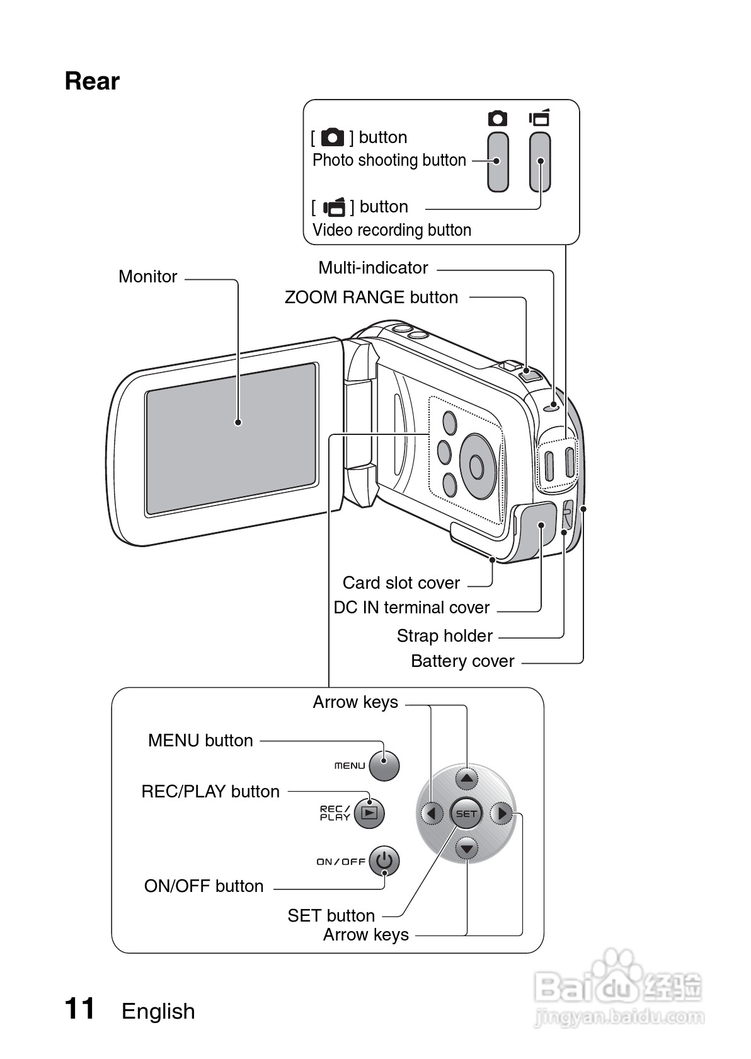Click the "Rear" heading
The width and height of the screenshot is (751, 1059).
click(92, 81)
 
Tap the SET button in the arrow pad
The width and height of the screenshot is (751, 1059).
click(466, 814)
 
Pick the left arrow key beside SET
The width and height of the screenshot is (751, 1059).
click(432, 814)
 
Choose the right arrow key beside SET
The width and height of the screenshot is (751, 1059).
click(502, 814)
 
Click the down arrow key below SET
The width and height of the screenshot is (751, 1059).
click(466, 848)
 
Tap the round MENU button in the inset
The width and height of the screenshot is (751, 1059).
click(384, 765)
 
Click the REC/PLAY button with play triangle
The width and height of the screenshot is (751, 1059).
click(369, 813)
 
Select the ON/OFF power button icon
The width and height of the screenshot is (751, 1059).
click(384, 861)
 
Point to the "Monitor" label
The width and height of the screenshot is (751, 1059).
click(148, 277)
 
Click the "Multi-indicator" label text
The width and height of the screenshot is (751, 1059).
click(373, 268)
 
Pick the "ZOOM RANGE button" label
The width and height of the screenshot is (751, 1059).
click(371, 298)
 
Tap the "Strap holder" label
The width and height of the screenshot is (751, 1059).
click(445, 636)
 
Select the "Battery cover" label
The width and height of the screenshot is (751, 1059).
click(462, 661)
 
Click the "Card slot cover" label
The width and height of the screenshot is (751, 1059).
click(401, 583)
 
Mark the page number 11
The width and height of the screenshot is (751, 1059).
click(80, 1009)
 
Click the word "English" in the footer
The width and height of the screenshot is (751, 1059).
click(158, 1011)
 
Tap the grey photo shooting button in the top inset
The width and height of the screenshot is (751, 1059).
click(498, 161)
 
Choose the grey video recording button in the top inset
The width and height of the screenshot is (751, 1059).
click(540, 161)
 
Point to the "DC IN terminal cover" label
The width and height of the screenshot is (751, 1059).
click(411, 608)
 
